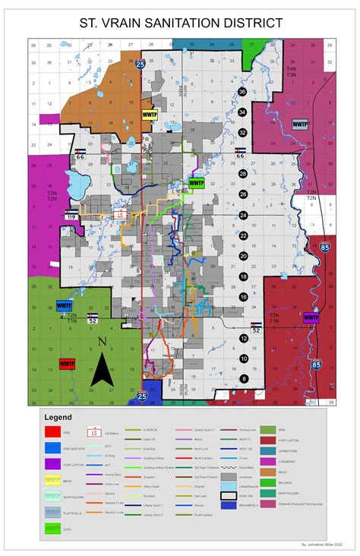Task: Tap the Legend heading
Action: tap(58, 417)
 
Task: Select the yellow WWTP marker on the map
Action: tap(149, 115)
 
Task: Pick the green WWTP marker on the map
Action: tap(197, 183)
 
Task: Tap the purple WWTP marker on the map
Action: tap(311, 317)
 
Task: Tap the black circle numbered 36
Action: tap(242, 92)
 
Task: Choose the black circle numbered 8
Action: tap(243, 378)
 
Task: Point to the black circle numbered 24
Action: tap(243, 216)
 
